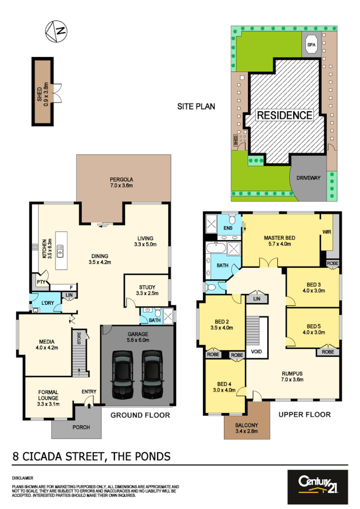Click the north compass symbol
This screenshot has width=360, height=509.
56,31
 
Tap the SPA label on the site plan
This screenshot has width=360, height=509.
311,45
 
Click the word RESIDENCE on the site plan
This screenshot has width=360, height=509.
284,115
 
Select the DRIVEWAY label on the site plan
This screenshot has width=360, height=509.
308,178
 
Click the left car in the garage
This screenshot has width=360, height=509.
123,374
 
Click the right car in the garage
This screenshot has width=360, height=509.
152,374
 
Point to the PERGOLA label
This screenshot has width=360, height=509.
121,180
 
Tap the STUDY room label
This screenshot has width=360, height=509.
147,287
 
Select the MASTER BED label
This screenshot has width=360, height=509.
279,238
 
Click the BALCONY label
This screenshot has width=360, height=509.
247,425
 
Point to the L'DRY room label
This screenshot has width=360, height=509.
47,303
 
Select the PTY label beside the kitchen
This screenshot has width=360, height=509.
40,282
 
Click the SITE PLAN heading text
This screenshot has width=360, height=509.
196,107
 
